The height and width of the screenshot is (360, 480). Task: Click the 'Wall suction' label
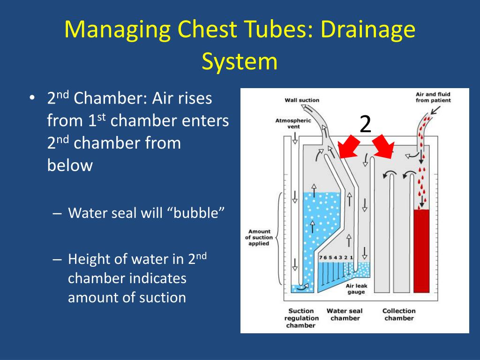(x=302, y=100)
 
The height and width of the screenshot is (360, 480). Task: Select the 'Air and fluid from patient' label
(x=433, y=97)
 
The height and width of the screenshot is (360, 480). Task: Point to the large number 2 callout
(x=365, y=124)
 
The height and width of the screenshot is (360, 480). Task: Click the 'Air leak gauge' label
(x=356, y=288)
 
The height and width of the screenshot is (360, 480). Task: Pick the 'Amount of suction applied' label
(x=259, y=237)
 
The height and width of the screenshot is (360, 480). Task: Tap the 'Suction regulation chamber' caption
(x=301, y=318)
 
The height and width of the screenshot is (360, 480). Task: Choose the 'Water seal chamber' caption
(x=345, y=314)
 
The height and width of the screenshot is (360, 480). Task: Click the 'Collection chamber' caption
(x=399, y=314)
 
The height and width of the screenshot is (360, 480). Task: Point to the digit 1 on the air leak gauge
(x=352, y=258)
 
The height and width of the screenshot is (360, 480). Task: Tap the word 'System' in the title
(x=240, y=61)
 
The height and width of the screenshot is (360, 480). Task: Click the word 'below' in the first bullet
(x=70, y=165)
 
